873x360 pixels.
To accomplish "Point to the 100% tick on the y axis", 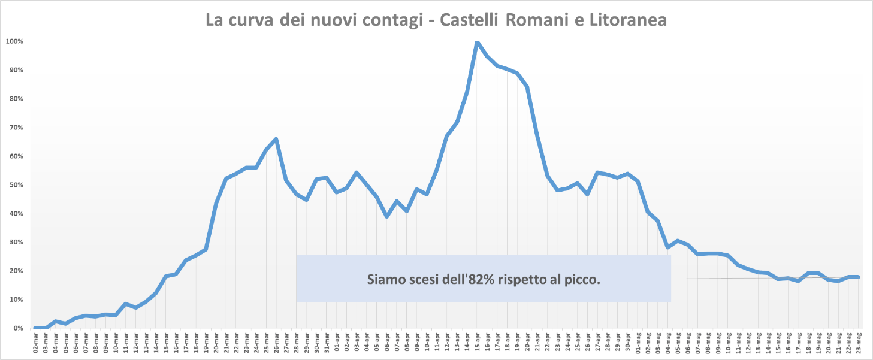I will [14, 41].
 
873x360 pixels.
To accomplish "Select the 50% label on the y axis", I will [14, 185].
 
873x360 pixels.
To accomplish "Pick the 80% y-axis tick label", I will [14, 99].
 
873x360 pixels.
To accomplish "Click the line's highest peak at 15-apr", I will [477, 42].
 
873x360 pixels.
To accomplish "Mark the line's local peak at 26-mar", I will [276, 139].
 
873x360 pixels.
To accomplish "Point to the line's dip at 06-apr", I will [386, 216].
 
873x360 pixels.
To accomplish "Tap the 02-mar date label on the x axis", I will [36, 344].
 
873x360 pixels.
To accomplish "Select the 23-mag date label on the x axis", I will [859, 344].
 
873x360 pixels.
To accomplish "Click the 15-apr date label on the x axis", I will [477, 344].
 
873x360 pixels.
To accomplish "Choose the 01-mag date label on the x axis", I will [638, 344].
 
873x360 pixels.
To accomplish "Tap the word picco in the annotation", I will [585, 279].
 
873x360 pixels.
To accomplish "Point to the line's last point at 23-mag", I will [859, 277].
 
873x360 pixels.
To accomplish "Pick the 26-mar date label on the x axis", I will [276, 344].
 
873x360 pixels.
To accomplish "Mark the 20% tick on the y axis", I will [14, 271].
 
